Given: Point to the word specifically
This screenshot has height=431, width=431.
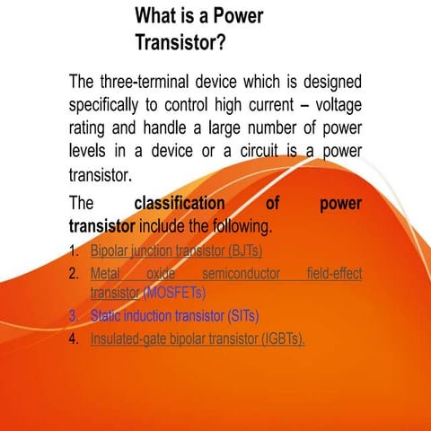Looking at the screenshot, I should click(x=109, y=103).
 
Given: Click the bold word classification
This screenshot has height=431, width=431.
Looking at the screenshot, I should click(x=180, y=204).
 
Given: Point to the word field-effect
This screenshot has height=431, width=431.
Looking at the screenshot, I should click(x=334, y=272).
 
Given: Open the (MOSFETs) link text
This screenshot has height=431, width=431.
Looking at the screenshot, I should click(x=174, y=293).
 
